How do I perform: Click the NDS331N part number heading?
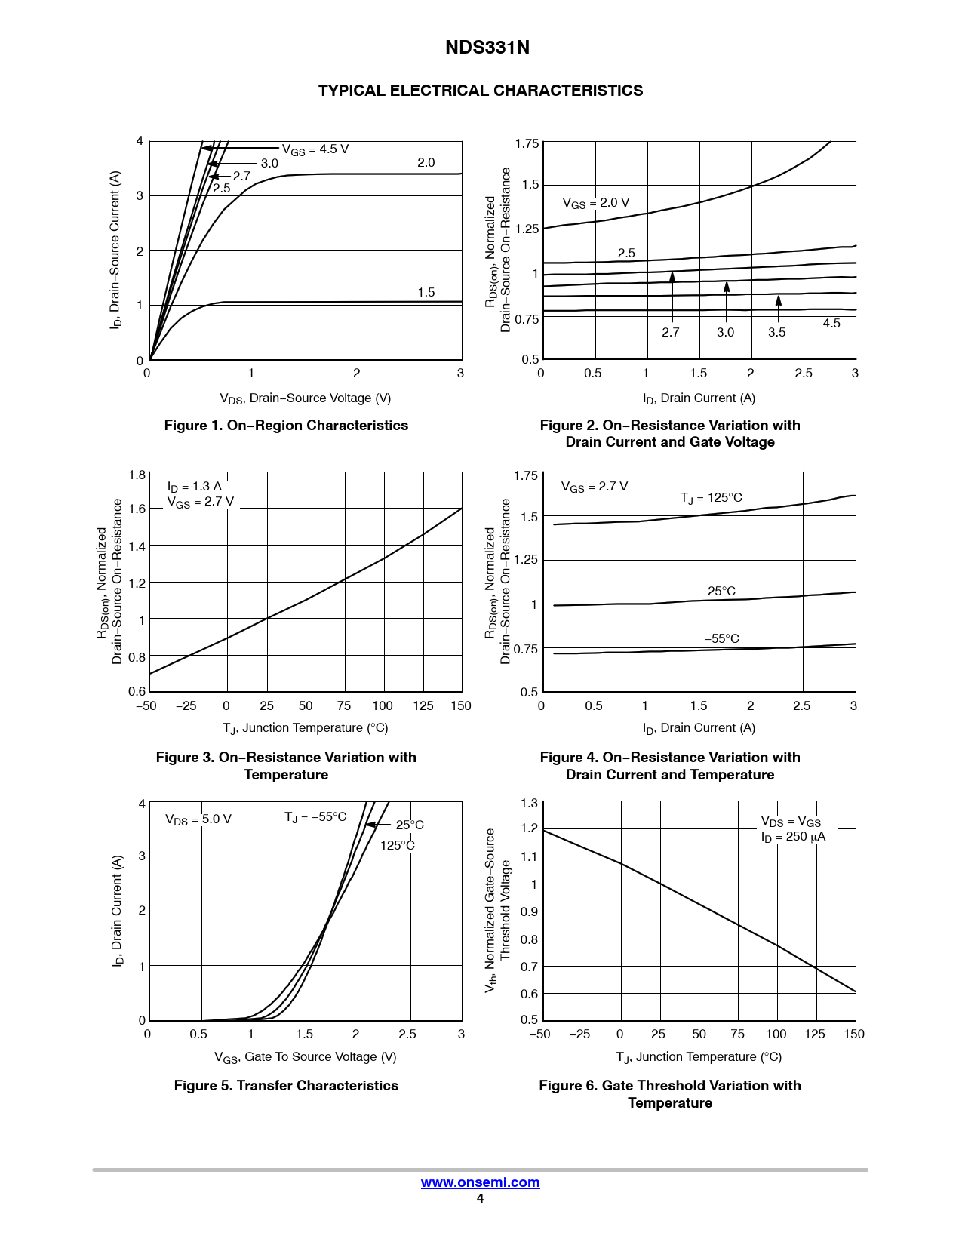487,48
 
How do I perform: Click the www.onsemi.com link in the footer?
480,1182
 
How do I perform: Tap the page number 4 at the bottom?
480,1199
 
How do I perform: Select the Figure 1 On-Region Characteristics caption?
286,426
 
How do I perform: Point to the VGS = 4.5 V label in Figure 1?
315,149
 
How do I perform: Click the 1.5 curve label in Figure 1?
426,293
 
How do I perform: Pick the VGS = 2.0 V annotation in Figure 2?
595,203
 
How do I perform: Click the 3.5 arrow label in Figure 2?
777,332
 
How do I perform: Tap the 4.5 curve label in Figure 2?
831,323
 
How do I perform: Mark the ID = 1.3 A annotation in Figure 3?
195,487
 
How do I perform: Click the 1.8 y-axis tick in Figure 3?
137,475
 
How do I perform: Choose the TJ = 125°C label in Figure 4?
711,498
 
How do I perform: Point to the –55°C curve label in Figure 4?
722,639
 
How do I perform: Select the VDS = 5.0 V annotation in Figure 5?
198,819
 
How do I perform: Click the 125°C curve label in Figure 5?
398,845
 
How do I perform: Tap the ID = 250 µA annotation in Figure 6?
793,837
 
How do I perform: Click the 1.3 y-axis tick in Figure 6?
529,804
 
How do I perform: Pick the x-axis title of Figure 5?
305,1057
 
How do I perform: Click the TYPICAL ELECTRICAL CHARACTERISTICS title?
481,91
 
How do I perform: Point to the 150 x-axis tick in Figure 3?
461,706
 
